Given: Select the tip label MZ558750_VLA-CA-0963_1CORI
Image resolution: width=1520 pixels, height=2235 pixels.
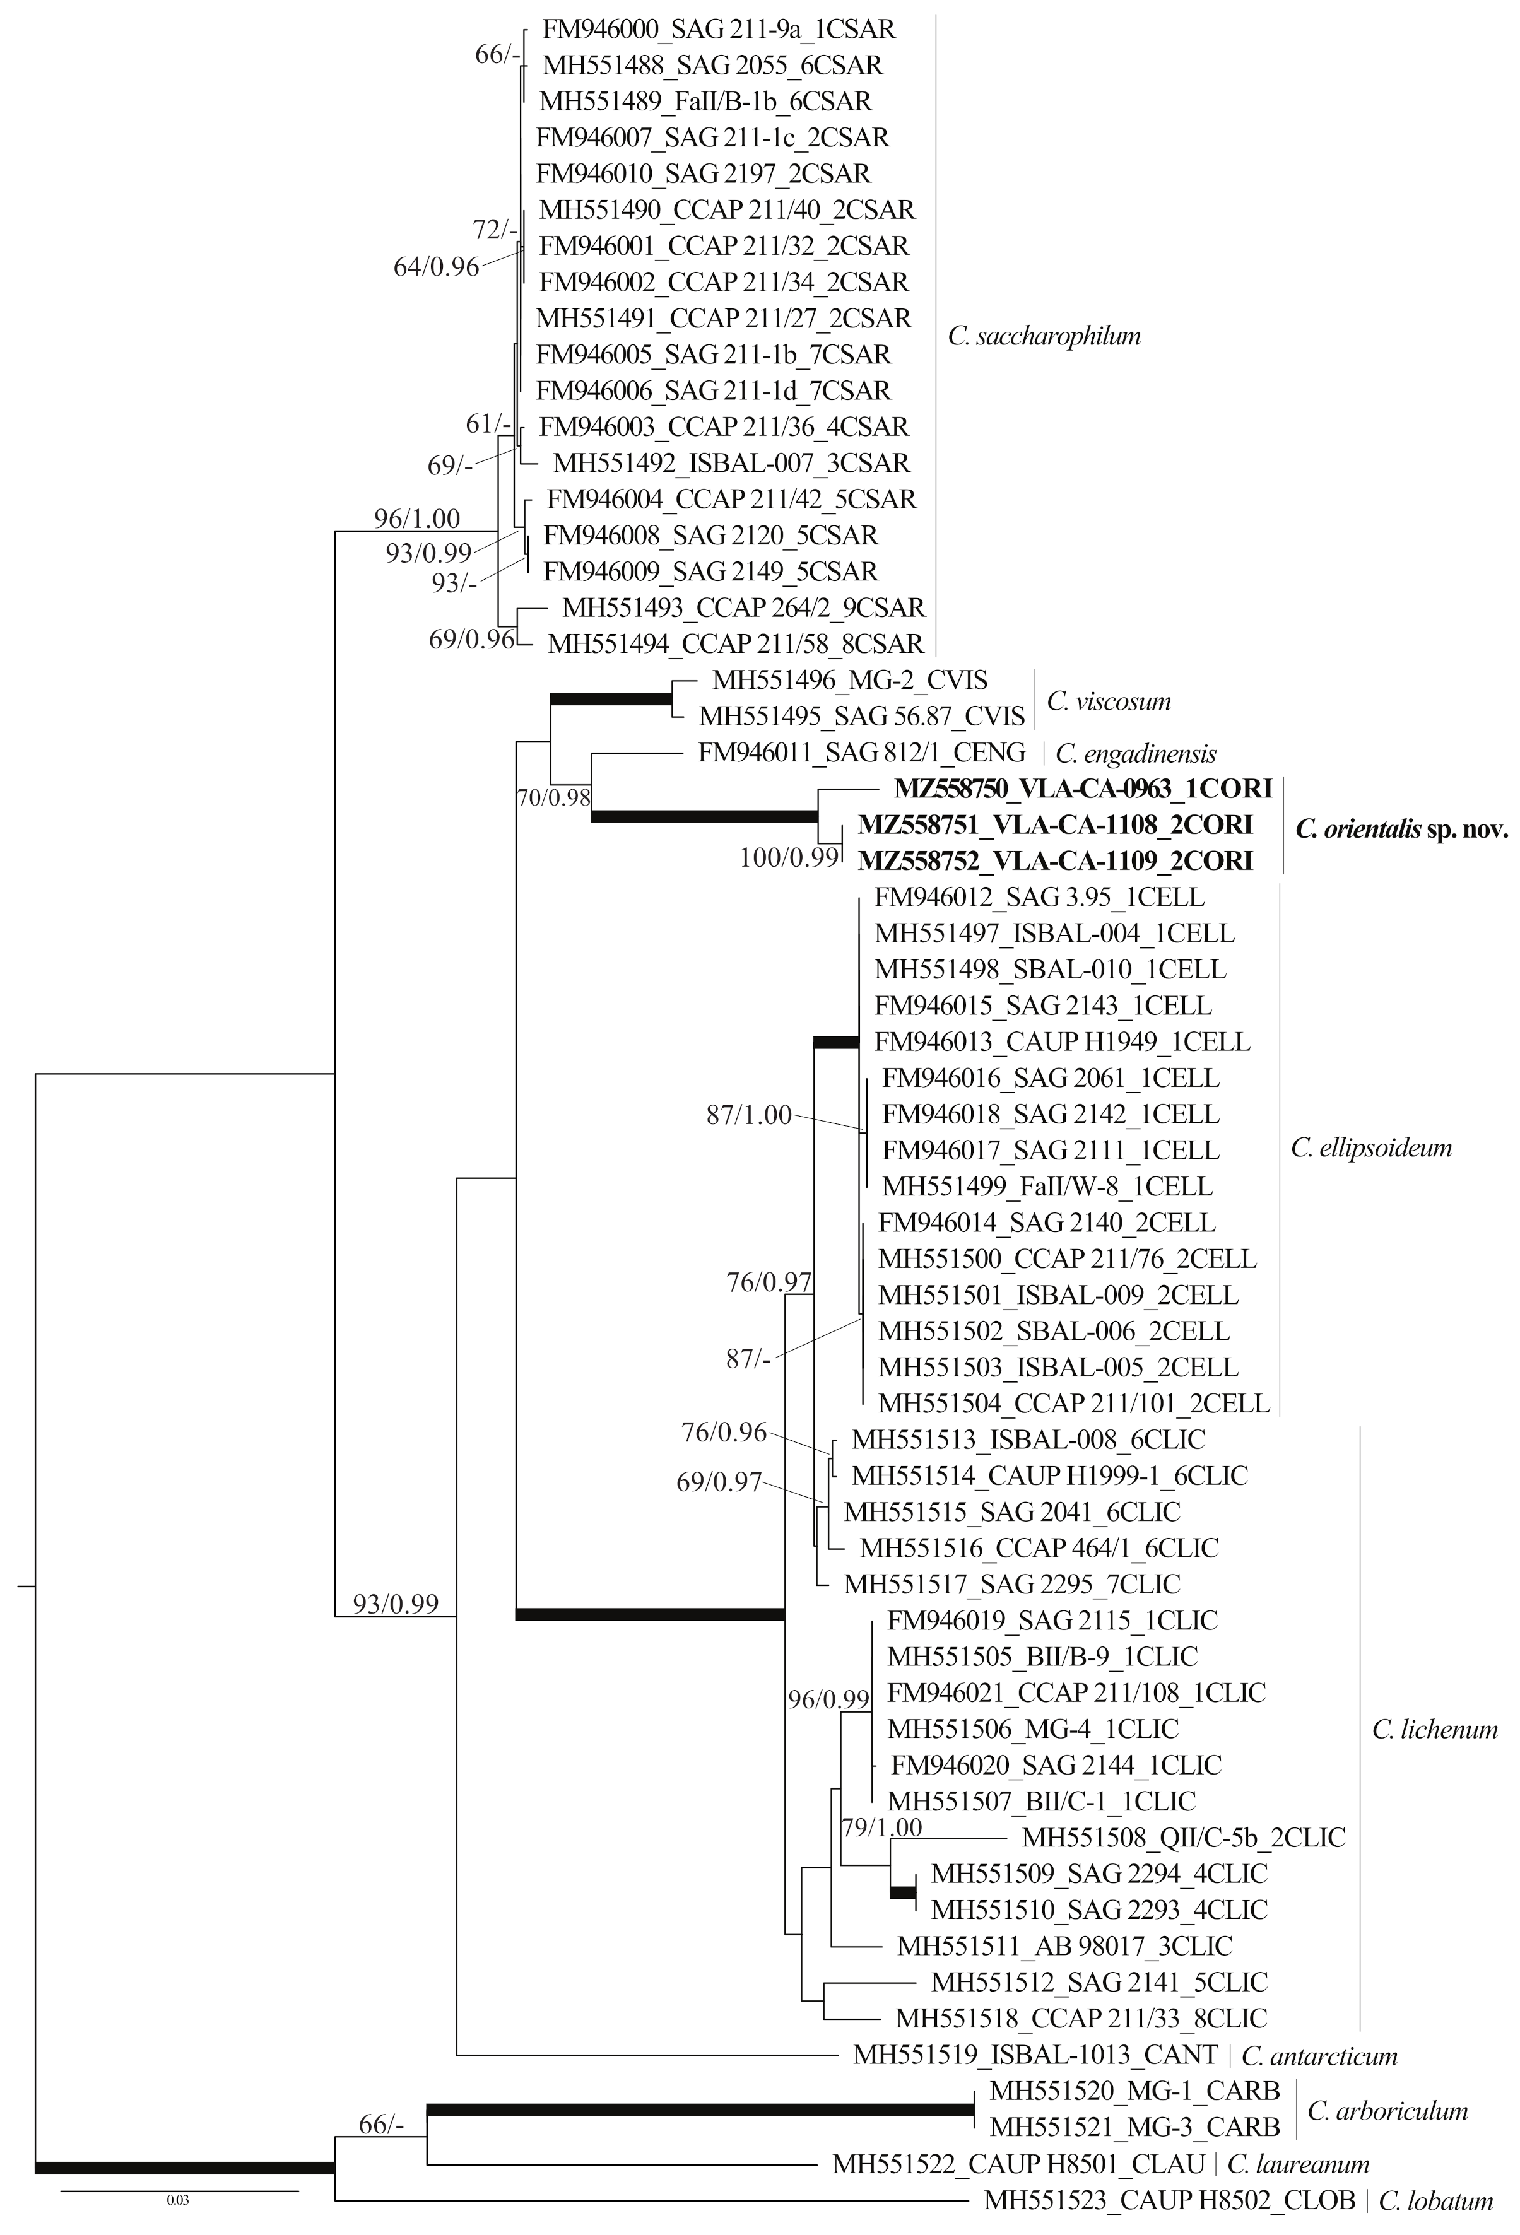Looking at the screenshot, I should (1083, 789).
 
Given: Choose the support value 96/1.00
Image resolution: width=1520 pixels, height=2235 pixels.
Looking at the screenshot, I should (418, 519).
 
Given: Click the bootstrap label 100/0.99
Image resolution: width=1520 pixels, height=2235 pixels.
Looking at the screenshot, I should (789, 857).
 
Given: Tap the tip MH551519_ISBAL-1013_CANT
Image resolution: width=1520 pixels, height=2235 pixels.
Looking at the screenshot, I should (1035, 2055).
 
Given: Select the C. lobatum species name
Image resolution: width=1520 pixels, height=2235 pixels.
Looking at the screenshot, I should (1435, 2200).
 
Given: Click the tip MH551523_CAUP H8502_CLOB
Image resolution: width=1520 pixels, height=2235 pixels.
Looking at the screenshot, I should (1169, 2200).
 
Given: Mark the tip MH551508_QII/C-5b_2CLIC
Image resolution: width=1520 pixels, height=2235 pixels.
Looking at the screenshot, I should (1183, 1837).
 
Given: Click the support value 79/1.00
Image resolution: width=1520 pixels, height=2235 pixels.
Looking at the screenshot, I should (882, 1826).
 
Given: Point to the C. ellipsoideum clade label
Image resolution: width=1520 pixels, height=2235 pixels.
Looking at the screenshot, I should (1371, 1147).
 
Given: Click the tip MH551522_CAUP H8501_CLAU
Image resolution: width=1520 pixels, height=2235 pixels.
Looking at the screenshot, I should (1018, 2164).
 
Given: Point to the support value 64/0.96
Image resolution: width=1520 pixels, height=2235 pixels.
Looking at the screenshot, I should (436, 266).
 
